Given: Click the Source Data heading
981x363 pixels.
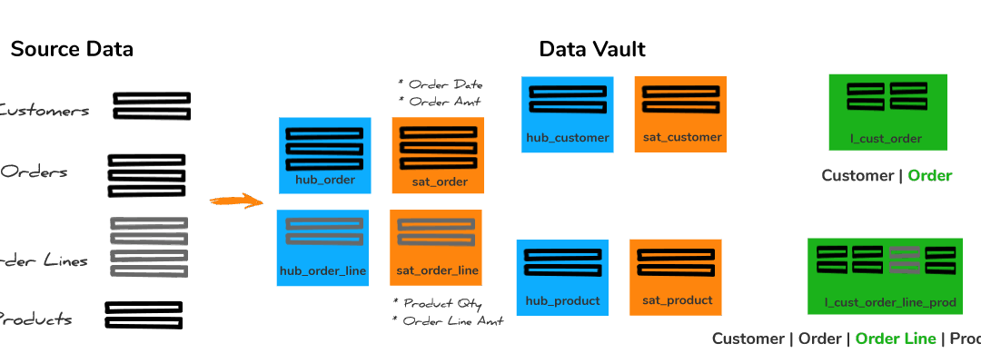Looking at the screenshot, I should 72,50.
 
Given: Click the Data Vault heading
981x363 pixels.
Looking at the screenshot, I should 592,50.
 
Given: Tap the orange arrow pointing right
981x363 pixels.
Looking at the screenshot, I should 234,201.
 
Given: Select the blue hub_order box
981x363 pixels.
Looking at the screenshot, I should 324,155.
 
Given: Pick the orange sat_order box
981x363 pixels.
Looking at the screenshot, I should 438,155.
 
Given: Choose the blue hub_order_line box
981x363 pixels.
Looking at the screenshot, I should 323,248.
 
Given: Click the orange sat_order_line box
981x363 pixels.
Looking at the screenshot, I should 436,248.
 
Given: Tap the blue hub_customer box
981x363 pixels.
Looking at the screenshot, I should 567,114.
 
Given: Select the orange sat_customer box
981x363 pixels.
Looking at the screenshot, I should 680,114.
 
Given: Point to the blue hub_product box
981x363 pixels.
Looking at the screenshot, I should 562,278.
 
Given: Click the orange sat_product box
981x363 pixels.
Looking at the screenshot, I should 675,277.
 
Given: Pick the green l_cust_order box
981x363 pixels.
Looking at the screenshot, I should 887,112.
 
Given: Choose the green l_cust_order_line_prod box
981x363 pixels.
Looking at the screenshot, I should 884,276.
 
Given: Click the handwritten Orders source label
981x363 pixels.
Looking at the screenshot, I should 34,172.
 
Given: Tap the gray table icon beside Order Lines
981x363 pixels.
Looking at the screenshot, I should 149,247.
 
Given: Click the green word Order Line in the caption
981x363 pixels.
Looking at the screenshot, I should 895,339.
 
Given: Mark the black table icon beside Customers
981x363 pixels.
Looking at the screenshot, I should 152,105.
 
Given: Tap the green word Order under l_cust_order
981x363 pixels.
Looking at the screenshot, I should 929,176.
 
